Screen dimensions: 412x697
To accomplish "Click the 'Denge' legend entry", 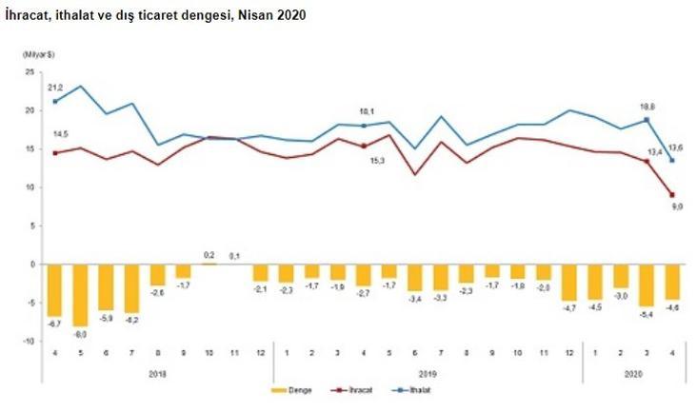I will [295, 388].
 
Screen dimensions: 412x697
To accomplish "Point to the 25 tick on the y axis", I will [30, 72].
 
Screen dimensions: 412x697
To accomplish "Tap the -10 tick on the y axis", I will [28, 341].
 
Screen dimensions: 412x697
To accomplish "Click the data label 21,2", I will [56, 88].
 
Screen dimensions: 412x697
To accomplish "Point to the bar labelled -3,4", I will [414, 277].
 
